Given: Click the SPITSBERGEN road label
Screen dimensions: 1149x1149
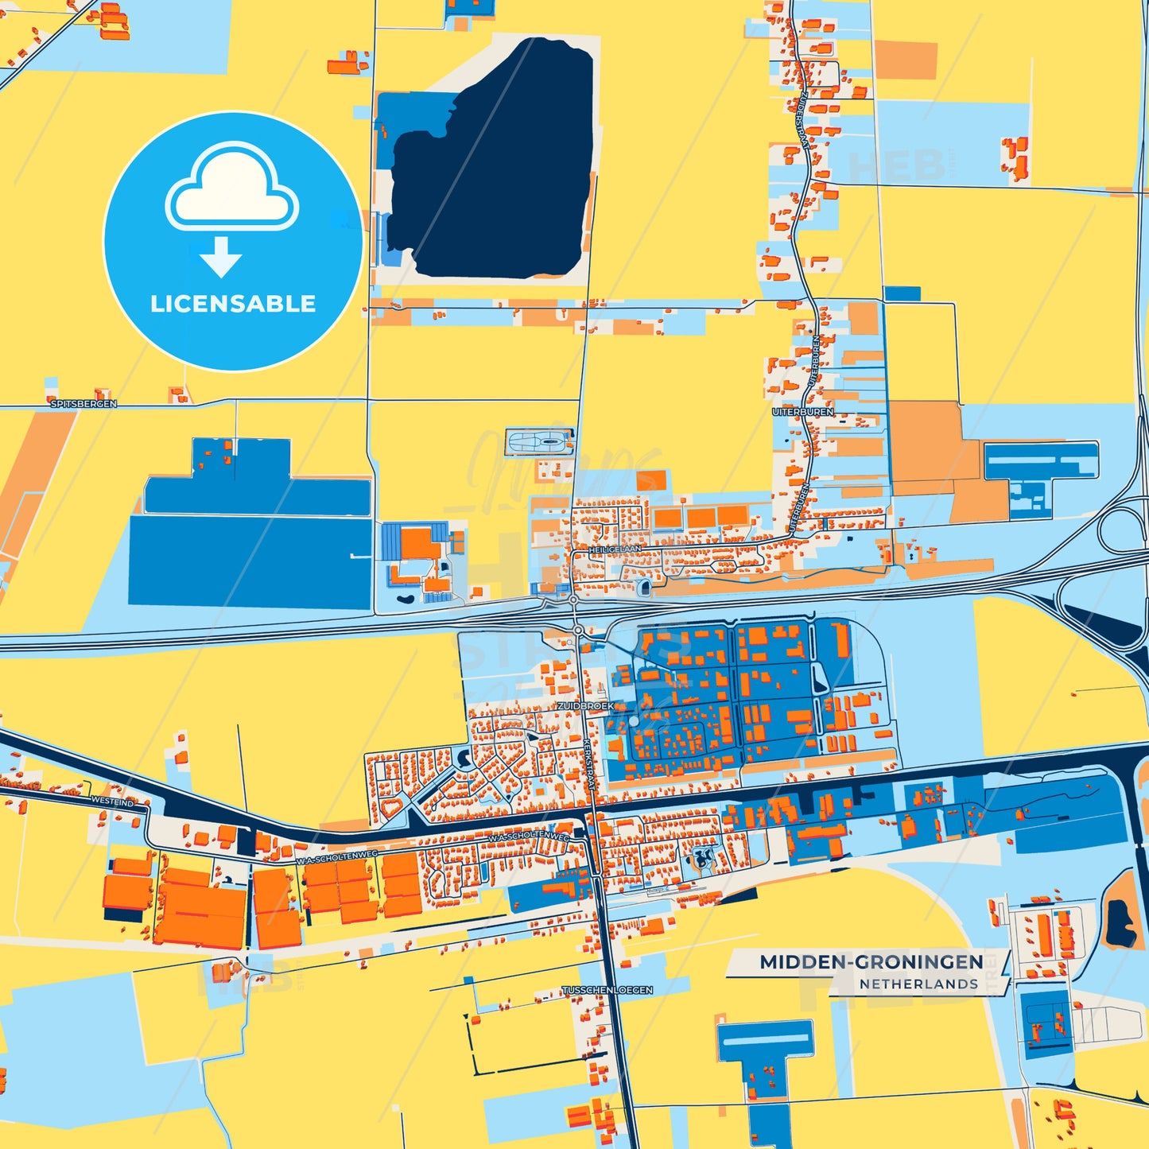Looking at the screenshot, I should [x=83, y=404].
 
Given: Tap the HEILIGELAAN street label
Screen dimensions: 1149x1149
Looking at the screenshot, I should [x=615, y=549].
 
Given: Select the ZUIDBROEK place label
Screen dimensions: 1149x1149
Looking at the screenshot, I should [x=585, y=705].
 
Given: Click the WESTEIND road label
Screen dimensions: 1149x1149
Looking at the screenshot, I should [x=113, y=802].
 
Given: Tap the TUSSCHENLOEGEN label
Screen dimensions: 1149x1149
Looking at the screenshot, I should [x=607, y=990].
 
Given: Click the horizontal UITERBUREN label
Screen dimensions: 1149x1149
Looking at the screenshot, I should [x=803, y=412].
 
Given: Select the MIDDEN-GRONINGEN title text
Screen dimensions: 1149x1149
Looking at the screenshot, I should [x=871, y=962].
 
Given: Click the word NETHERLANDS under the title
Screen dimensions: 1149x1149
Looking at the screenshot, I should [x=918, y=984].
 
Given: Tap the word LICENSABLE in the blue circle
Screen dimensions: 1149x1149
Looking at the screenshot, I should [x=233, y=304].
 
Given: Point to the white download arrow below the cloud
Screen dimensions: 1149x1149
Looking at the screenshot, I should [x=220, y=257].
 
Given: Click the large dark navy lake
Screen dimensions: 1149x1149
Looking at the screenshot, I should [x=501, y=167].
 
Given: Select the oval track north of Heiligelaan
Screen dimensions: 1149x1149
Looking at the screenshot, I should [x=540, y=441].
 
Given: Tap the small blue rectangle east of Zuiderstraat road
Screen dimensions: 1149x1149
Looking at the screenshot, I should [x=903, y=293].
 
